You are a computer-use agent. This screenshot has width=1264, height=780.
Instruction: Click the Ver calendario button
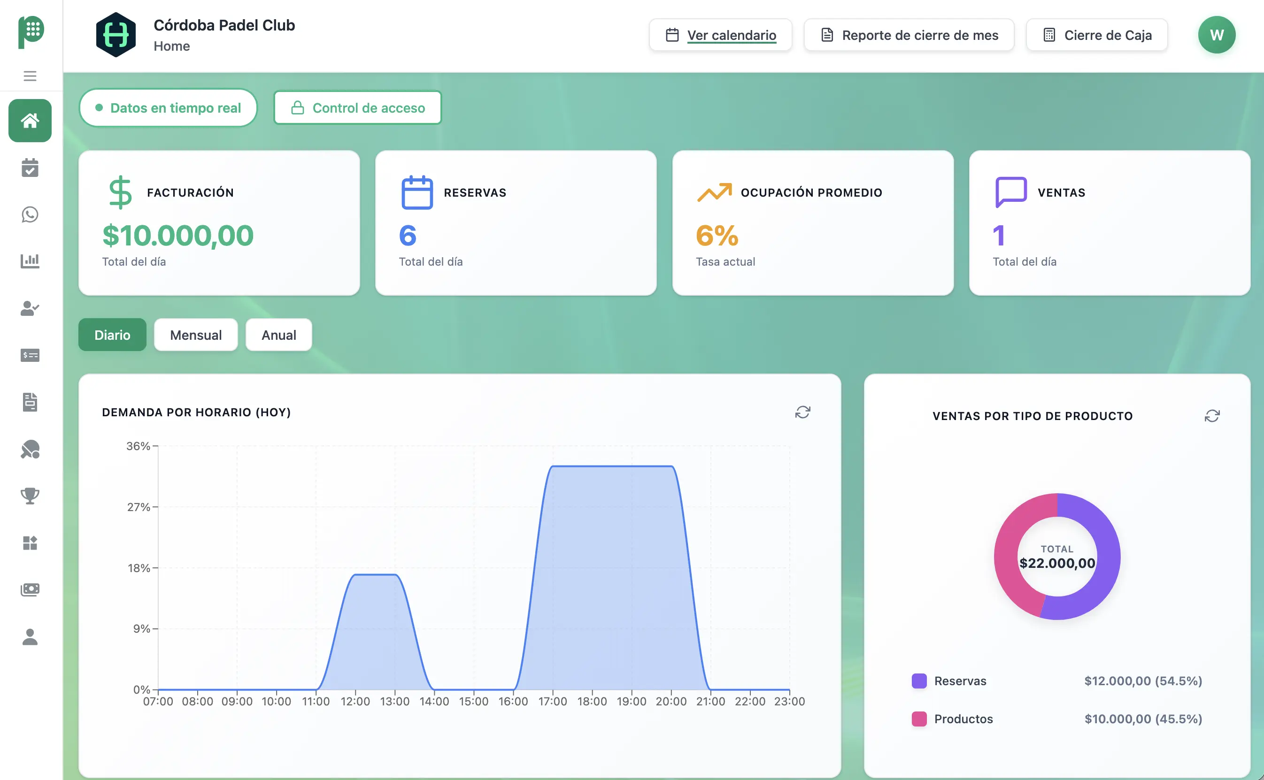coord(721,35)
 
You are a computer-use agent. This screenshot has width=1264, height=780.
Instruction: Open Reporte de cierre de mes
coord(909,35)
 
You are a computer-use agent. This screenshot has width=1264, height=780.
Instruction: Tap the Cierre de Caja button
coord(1097,35)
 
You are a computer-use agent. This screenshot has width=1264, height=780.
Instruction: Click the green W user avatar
coord(1216,35)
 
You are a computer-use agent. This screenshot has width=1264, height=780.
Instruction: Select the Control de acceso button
coord(358,108)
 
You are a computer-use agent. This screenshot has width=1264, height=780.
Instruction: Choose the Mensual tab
coord(196,335)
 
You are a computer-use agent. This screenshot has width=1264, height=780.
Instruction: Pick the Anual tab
coord(279,335)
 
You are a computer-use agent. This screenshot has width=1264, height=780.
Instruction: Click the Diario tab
coord(112,335)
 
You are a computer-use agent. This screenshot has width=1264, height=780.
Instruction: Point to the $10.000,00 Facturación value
coord(177,236)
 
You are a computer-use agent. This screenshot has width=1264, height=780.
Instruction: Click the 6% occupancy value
coord(717,236)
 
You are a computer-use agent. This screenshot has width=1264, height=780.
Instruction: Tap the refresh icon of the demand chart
coord(802,412)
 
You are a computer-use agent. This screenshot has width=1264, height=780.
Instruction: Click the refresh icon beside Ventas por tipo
coord(1211,416)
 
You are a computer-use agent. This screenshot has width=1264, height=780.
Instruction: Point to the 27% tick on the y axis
coord(139,507)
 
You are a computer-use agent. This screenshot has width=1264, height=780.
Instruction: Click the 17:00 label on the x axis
coord(552,702)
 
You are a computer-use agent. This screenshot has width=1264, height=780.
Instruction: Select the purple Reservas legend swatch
coord(919,681)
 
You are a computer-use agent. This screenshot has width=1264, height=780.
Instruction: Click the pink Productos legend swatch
coord(919,719)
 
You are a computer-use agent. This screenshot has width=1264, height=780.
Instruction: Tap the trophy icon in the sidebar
coord(30,496)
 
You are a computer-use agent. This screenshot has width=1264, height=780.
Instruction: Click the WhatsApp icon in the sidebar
coord(30,214)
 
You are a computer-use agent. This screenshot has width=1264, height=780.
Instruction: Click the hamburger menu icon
coord(30,76)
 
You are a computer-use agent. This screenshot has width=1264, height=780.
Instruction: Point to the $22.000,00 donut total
coord(1056,563)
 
